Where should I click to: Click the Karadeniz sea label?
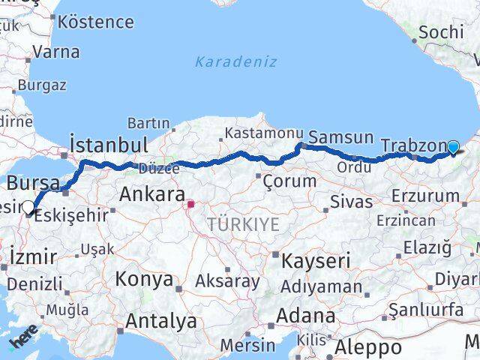pos(236,62)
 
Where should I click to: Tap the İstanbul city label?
pos(108,143)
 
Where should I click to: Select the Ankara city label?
pos(152,195)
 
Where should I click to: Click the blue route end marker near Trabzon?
pos(453,147)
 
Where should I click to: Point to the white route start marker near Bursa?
pos(28,208)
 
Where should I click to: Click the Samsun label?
pos(340,137)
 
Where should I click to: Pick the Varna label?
pos(56,52)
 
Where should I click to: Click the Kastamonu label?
pos(251,133)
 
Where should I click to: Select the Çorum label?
pos(290,181)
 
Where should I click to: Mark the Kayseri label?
pos(316,261)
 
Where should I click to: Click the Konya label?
pos(143,280)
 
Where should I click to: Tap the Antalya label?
pos(160,322)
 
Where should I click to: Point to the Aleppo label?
pos(367,347)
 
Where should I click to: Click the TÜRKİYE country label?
pos(243,224)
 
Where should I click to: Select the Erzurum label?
pos(425,196)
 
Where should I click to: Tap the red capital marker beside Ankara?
pos(190,203)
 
